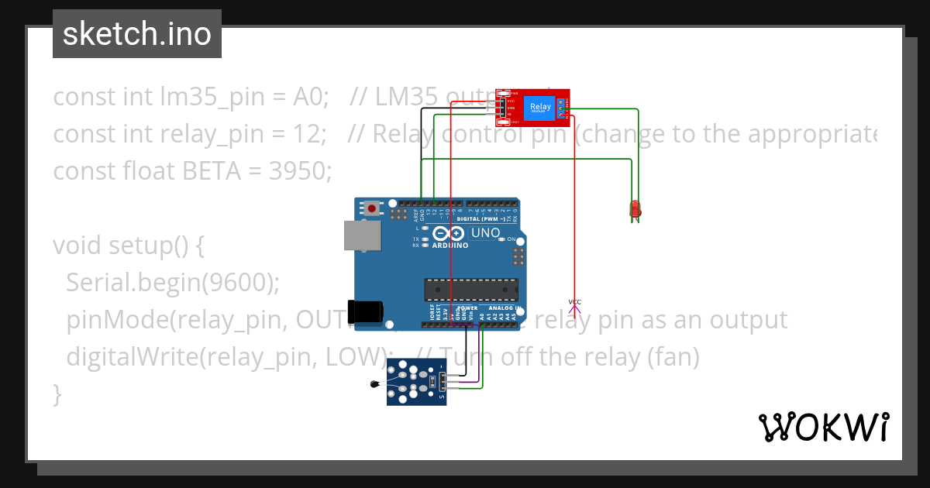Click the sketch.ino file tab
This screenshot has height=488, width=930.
point(136,34)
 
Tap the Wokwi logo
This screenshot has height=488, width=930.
point(822,427)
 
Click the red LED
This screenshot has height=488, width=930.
point(635,208)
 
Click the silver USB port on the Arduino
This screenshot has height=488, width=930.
point(363,235)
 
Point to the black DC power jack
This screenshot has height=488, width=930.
point(365,311)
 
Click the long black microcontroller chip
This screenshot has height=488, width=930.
point(470,289)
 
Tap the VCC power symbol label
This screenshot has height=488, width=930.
point(574,302)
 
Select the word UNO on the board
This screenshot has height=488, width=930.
point(486,232)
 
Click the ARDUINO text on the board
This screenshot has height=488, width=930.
point(450,246)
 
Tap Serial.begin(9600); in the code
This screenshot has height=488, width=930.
point(172,283)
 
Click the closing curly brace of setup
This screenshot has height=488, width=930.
point(57,393)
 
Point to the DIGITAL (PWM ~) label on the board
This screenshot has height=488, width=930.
point(481,219)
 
